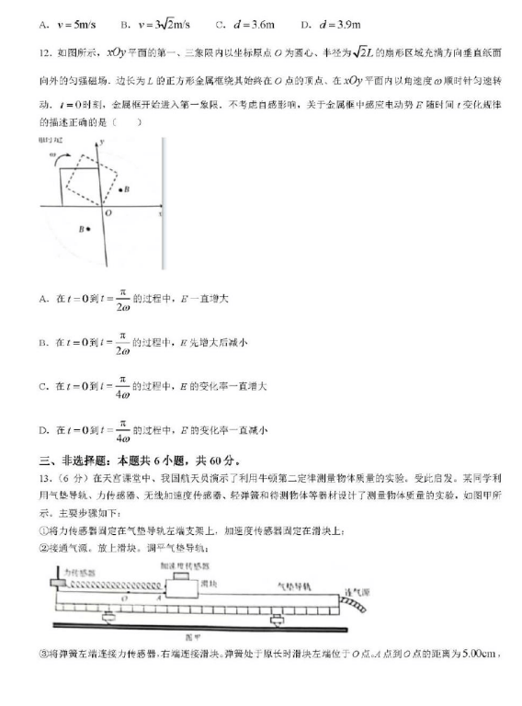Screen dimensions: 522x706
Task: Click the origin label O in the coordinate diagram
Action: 108,212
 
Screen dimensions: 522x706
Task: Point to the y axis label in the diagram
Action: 100,141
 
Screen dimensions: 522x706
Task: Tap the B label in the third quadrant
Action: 85,229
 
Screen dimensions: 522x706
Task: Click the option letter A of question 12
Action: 44,299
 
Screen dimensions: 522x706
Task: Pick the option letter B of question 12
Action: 44,343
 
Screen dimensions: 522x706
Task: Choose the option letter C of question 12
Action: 44,387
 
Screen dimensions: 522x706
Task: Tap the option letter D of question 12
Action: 44,430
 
